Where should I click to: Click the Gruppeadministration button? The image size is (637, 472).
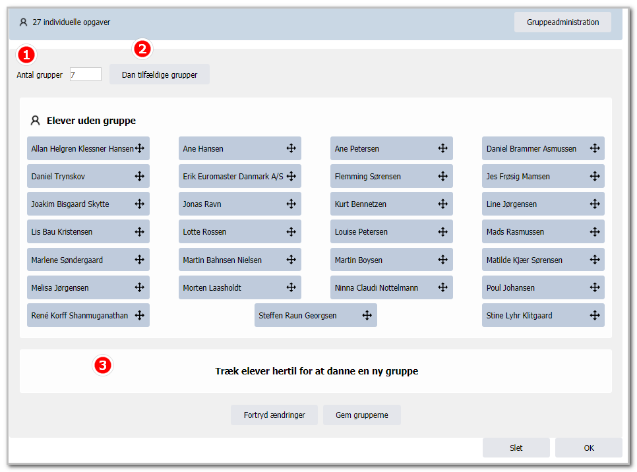click(x=562, y=22)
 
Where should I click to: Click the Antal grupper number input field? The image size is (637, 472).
click(x=85, y=74)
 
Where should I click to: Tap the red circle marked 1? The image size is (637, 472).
click(x=26, y=55)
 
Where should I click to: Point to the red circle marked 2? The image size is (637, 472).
click(x=142, y=49)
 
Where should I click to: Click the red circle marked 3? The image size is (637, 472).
click(x=103, y=365)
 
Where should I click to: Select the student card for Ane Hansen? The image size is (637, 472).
click(x=239, y=148)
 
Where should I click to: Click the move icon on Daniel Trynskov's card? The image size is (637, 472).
click(x=139, y=176)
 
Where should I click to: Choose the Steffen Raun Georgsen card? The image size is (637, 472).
click(x=316, y=315)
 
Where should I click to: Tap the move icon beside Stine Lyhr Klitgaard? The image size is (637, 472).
click(x=595, y=315)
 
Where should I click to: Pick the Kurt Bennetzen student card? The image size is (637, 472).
click(x=392, y=204)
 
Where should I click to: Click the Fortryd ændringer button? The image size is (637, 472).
click(x=274, y=415)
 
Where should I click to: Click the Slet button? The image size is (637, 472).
click(x=516, y=448)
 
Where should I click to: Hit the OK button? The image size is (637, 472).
click(x=589, y=448)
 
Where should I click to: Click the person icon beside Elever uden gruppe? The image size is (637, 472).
click(x=36, y=120)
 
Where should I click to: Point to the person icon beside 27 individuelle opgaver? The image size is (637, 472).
click(x=23, y=22)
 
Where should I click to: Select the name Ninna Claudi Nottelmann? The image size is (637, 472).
click(x=376, y=287)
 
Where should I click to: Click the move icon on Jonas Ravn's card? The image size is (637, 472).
click(x=291, y=204)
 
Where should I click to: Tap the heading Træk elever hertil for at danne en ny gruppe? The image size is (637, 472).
click(x=317, y=371)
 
